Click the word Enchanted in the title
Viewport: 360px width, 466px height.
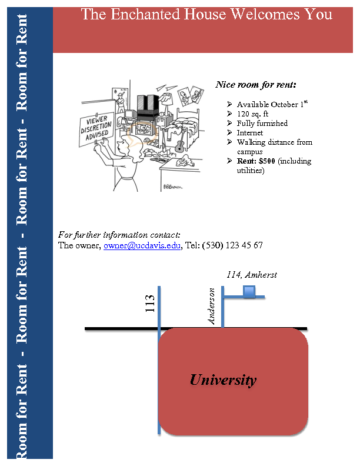(156, 14)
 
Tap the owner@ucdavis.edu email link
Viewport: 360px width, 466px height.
(142, 245)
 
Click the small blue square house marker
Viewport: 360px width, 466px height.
(249, 291)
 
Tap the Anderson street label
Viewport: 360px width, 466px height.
(212, 306)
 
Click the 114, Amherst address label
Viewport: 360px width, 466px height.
(252, 275)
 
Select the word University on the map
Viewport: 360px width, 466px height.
(223, 380)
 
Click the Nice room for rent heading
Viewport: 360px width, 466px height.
(256, 85)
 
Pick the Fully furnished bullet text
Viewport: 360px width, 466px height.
(262, 124)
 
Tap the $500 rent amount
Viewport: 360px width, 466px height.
(266, 161)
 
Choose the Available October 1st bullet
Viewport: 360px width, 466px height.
(272, 104)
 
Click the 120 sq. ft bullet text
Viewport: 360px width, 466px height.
(252, 114)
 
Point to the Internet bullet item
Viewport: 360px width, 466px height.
(250, 133)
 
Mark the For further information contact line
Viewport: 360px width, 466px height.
(119, 235)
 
